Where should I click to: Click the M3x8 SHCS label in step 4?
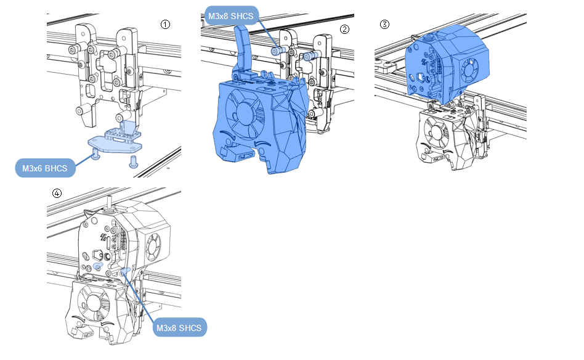pos(180,328)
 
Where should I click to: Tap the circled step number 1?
pos(165,24)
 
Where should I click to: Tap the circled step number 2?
pos(344,29)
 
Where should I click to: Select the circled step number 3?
pos(384,25)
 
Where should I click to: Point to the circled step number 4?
pos(57,193)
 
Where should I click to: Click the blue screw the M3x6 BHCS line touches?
pos(97,156)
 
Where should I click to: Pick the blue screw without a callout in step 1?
pos(133,163)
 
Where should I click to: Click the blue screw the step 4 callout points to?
pos(125,271)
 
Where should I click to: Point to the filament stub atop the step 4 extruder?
pos(109,200)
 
